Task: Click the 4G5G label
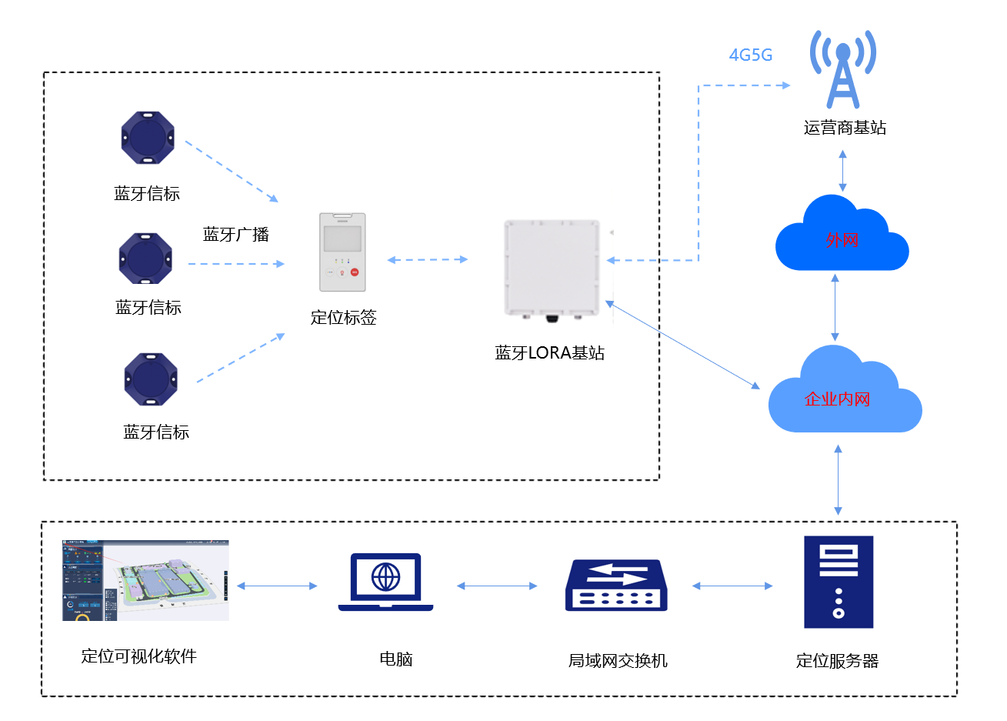[750, 55]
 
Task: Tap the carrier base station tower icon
[843, 70]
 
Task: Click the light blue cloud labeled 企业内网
[843, 395]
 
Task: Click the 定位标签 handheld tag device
[342, 252]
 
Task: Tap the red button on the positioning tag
[355, 272]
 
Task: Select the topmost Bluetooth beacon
[148, 138]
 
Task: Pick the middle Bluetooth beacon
[145, 259]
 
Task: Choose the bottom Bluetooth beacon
[151, 379]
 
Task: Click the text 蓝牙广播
[235, 235]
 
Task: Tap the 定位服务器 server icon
[839, 582]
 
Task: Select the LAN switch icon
[616, 586]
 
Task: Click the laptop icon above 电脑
[385, 582]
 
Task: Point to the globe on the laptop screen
[385, 576]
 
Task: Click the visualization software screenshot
[145, 580]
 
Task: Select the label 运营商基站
[845, 128]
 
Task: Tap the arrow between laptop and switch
[497, 586]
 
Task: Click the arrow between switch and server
[732, 586]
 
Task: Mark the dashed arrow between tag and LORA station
[428, 260]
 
